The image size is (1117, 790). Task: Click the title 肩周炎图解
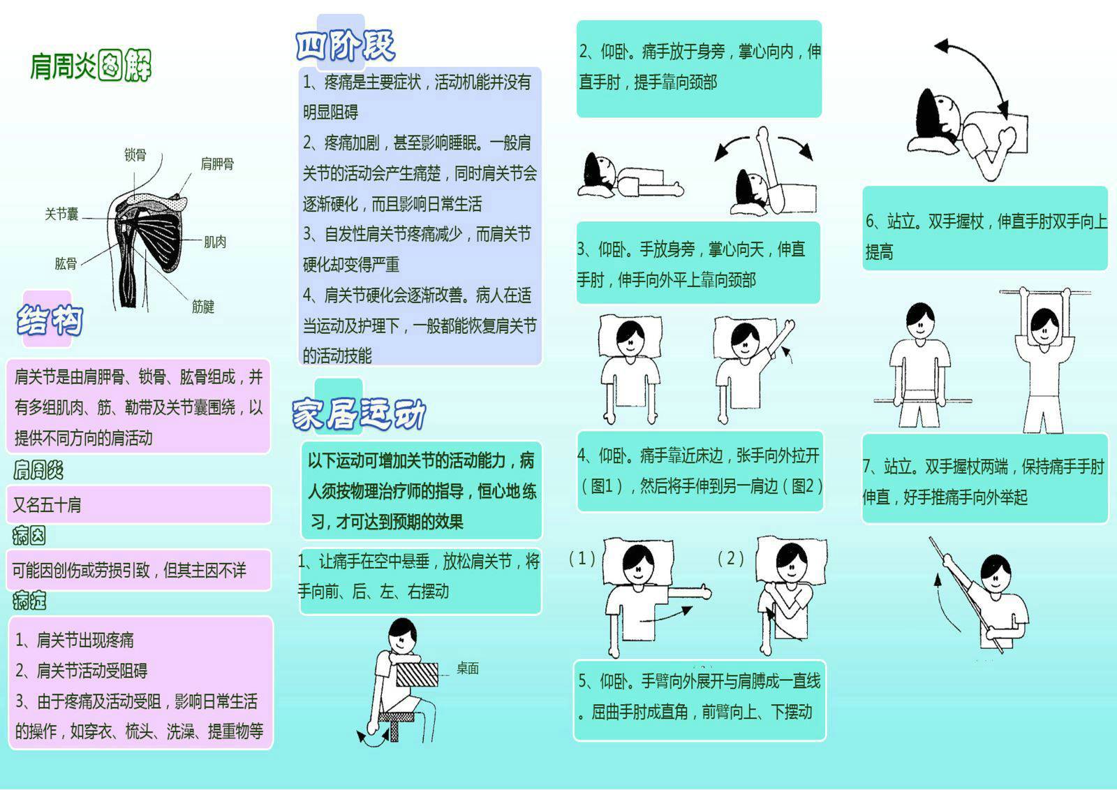tap(91, 66)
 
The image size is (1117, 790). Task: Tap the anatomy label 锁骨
tap(135, 154)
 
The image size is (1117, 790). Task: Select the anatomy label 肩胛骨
tap(217, 163)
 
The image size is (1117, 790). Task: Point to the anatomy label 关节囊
tap(61, 214)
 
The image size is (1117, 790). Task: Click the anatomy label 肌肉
tap(215, 242)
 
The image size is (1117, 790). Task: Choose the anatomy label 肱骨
tap(66, 263)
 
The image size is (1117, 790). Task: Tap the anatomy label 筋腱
tap(203, 307)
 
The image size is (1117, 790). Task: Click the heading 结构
tap(50, 320)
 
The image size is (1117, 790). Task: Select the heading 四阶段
tap(346, 45)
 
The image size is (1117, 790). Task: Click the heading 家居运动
tap(359, 414)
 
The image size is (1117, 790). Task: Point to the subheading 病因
tap(29, 536)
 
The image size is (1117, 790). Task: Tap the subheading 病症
tap(29, 601)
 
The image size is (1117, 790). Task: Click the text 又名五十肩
tap(47, 505)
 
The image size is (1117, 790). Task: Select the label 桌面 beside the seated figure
tap(468, 668)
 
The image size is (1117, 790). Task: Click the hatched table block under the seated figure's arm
tap(417, 674)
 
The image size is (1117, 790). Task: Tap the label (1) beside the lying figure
tap(582, 558)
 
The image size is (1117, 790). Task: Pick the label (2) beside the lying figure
tap(730, 558)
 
